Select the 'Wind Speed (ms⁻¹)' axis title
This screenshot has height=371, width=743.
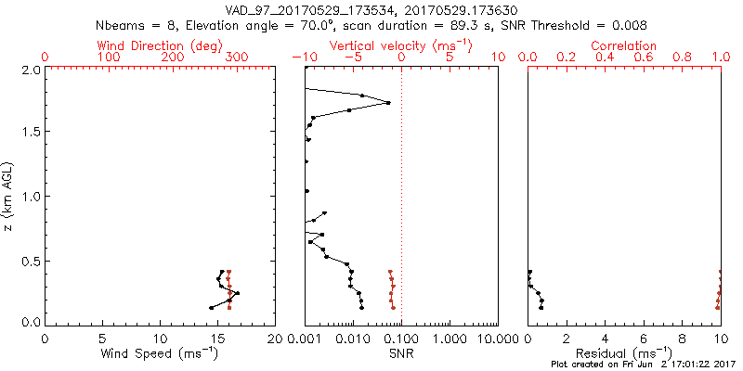pos(161,353)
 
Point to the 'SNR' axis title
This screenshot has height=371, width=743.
pos(401,353)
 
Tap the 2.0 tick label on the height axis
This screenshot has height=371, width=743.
pos(30,70)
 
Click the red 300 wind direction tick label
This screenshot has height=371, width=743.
pos(238,58)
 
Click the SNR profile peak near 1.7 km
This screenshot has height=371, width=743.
pos(388,102)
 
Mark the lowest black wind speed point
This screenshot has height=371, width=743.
pos(212,307)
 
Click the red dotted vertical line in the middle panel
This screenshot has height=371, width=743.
pos(401,185)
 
